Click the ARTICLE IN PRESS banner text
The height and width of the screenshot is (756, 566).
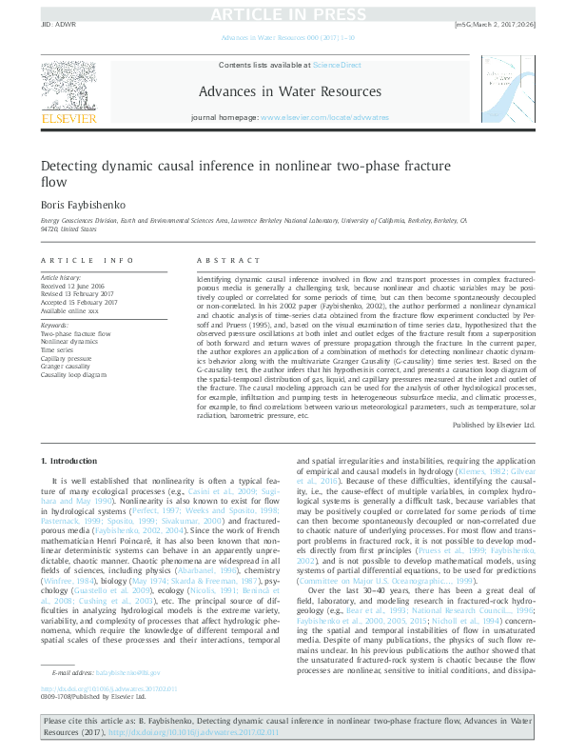coord(282,13)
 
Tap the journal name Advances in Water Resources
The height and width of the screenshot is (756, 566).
coord(283,91)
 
